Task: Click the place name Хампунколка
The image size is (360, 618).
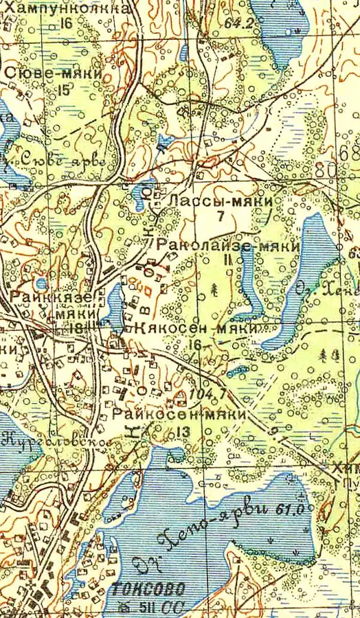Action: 67,8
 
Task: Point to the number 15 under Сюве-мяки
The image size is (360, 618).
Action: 65,89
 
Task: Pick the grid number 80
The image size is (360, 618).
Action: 328,168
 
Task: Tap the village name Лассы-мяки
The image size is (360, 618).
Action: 221,201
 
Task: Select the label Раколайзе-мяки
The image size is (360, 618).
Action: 229,246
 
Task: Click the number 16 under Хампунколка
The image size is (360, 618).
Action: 66,23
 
